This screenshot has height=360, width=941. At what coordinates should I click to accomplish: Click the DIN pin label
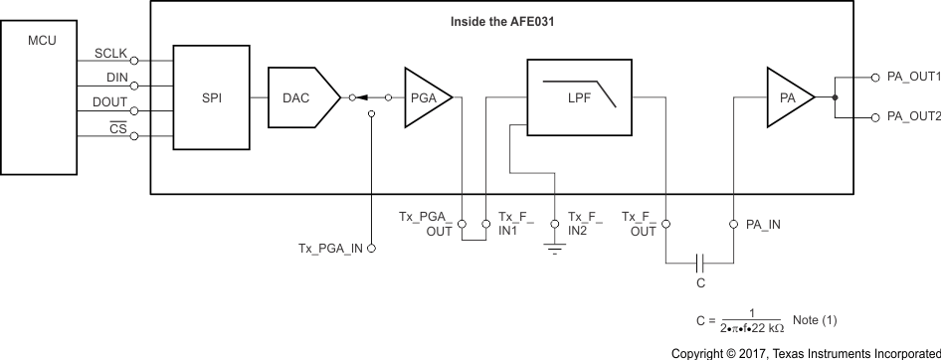coord(115,77)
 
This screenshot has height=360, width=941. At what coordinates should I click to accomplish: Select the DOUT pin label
coord(110,102)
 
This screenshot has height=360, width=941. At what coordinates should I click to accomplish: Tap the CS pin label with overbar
coord(117,127)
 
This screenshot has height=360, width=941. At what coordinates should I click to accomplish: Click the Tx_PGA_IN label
coord(330,248)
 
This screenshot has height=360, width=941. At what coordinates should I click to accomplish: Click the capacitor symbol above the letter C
coord(700,263)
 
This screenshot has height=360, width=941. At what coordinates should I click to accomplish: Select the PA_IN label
coord(763,224)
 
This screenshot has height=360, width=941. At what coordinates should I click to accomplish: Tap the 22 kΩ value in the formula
coord(767,327)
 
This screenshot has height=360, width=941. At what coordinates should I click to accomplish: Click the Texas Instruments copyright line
coord(805,352)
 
